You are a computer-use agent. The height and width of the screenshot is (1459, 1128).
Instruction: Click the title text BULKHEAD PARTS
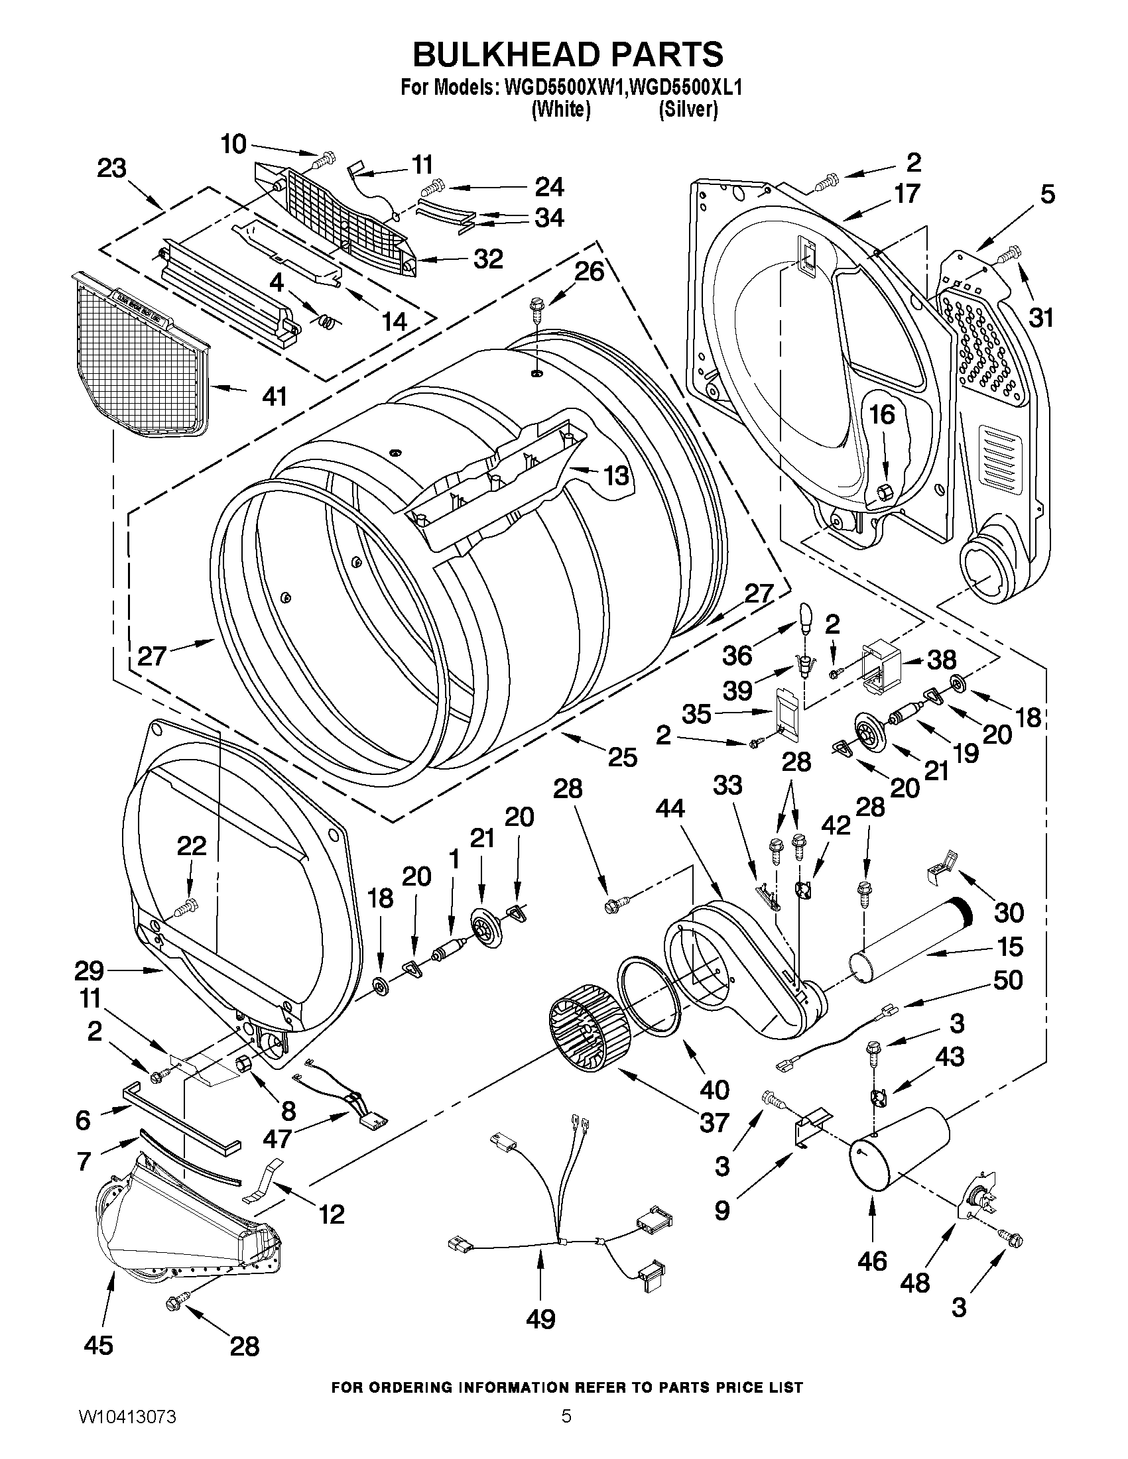(568, 54)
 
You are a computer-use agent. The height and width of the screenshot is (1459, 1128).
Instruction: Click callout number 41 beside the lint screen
(274, 396)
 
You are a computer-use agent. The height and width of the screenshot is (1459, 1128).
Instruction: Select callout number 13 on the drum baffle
(615, 476)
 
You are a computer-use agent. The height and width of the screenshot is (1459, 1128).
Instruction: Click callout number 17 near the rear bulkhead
(907, 194)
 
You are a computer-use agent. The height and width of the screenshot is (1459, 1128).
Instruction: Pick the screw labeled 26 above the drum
(535, 308)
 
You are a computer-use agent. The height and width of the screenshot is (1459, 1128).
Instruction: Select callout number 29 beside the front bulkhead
(89, 970)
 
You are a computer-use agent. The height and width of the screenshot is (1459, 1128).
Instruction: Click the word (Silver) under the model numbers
(688, 110)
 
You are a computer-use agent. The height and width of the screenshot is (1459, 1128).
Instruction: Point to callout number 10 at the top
(234, 145)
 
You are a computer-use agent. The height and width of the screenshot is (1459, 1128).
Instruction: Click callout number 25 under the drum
(622, 756)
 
